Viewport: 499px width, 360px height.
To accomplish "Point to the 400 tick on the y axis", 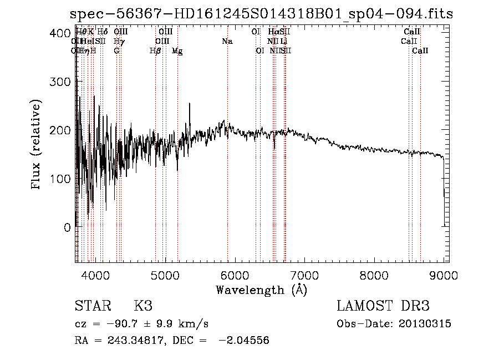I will [57, 33].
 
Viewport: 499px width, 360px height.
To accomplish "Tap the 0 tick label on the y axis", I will [66, 227].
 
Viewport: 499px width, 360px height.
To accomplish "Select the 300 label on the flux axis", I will [57, 82].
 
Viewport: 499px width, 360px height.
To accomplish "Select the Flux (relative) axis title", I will [37, 145].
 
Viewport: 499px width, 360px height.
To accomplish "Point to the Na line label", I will [227, 42].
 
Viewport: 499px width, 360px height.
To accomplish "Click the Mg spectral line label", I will [177, 51].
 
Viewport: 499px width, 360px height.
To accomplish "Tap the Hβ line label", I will [155, 51].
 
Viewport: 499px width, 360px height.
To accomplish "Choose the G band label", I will [116, 51].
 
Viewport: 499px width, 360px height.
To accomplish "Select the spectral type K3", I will [143, 306].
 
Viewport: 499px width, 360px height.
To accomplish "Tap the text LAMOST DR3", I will [383, 306].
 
